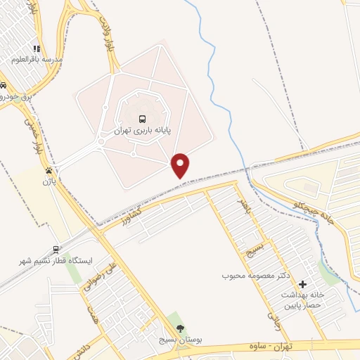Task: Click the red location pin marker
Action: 181,165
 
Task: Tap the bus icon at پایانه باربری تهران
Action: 142,120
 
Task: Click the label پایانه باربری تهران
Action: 141,131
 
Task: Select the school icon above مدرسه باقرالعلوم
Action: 37,49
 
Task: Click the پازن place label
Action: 48,181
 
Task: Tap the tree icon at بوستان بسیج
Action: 181,328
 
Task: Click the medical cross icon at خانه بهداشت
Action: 302,284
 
